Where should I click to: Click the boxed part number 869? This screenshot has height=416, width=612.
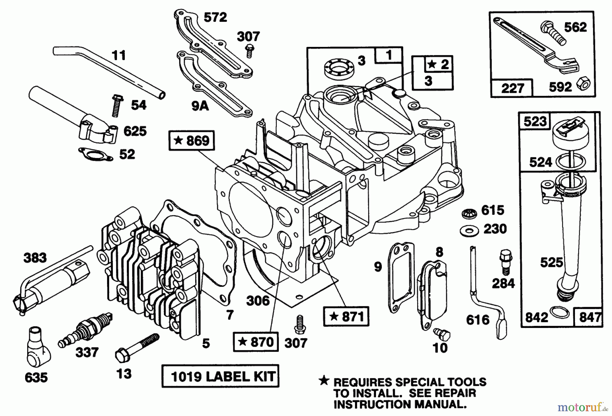[x=192, y=140]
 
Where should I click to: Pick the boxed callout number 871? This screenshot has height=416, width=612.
[x=346, y=317]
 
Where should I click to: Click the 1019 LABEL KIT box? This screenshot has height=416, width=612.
[x=220, y=376]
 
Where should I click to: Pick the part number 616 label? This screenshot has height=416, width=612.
[x=478, y=320]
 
